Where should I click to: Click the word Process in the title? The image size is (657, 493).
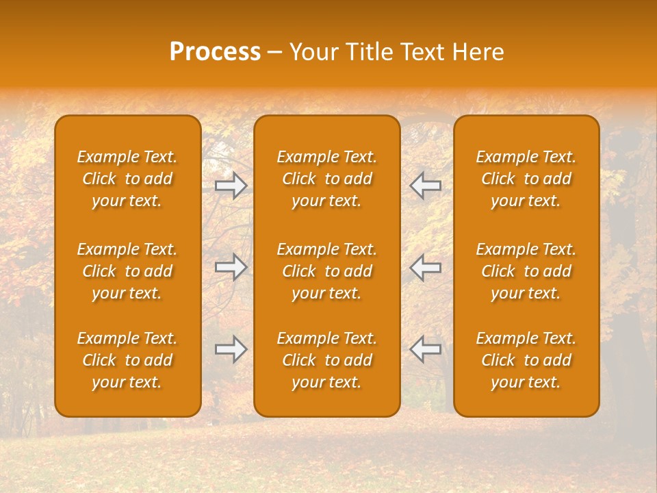pyautogui.click(x=215, y=52)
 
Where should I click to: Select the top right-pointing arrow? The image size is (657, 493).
pyautogui.click(x=231, y=186)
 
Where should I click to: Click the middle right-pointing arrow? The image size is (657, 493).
pyautogui.click(x=231, y=267)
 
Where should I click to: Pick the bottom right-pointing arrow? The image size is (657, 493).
pyautogui.click(x=231, y=349)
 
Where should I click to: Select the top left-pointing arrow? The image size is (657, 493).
pyautogui.click(x=425, y=186)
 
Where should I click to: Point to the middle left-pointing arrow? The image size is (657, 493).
pyautogui.click(x=425, y=267)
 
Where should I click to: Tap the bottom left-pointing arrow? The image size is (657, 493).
pyautogui.click(x=425, y=349)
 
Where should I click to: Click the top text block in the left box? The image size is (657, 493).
pyautogui.click(x=127, y=179)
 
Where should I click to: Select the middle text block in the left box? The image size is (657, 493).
pyautogui.click(x=127, y=271)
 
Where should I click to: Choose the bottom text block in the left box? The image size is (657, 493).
pyautogui.click(x=127, y=360)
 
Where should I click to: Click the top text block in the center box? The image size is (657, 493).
pyautogui.click(x=326, y=179)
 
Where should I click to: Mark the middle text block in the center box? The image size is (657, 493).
pyautogui.click(x=326, y=271)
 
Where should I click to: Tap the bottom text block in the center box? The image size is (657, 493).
pyautogui.click(x=326, y=360)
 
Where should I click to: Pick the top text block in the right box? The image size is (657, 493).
pyautogui.click(x=526, y=179)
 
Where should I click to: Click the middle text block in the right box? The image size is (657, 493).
pyautogui.click(x=526, y=271)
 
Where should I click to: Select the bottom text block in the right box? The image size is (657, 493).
pyautogui.click(x=526, y=360)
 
